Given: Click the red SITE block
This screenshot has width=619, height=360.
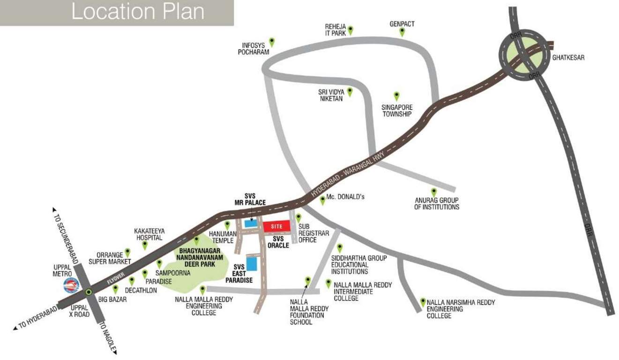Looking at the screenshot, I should pyautogui.click(x=276, y=226).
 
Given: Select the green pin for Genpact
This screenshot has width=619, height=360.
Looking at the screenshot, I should pyautogui.click(x=402, y=31).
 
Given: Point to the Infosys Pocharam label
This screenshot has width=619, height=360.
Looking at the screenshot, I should pyautogui.click(x=254, y=49).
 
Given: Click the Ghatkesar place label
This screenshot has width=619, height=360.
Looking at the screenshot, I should pyautogui.click(x=568, y=58).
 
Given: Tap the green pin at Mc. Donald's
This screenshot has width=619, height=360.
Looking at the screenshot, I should pyautogui.click(x=322, y=200).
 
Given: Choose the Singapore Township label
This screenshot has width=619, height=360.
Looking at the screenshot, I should pyautogui.click(x=396, y=110).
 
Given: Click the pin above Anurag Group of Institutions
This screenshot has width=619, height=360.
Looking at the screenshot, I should pyautogui.click(x=434, y=192).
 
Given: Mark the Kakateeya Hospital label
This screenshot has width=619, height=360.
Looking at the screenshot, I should pyautogui.click(x=148, y=234).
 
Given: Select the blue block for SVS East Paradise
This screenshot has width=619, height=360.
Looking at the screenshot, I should pyautogui.click(x=252, y=263).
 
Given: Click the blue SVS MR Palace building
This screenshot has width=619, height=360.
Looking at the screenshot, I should pyautogui.click(x=251, y=224).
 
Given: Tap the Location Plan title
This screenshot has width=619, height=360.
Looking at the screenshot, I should pyautogui.click(x=137, y=12).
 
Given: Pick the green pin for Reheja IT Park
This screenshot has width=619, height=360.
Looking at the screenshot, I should pyautogui.click(x=350, y=30).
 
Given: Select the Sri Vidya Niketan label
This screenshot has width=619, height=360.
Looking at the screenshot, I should pyautogui.click(x=331, y=95).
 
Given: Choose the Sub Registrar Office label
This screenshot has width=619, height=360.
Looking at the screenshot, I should pyautogui.click(x=313, y=233).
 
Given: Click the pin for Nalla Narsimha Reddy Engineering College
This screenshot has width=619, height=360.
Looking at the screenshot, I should pyautogui.click(x=423, y=302).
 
